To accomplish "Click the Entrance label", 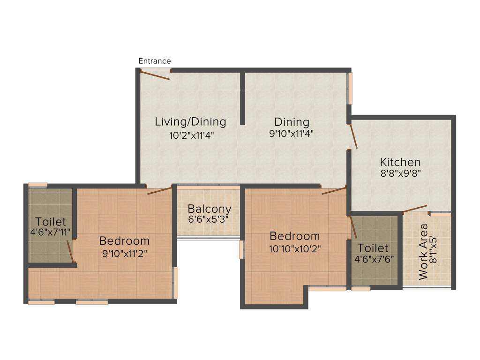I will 155,61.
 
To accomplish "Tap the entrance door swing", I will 156,75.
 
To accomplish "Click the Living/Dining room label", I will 190,122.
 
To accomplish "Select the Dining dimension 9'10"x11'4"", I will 292,133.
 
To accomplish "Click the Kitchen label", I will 400,163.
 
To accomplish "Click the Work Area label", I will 424,252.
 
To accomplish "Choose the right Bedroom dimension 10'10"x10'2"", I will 294,248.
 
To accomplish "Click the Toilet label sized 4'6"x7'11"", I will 51,222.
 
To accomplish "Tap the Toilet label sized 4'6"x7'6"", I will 373,247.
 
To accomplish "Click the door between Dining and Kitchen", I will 354,136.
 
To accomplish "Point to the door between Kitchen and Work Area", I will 415,209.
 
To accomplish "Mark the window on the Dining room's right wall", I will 349,89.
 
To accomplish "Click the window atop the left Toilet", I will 37,185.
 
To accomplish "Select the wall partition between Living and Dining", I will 242,98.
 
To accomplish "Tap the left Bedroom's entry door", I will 160,190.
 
